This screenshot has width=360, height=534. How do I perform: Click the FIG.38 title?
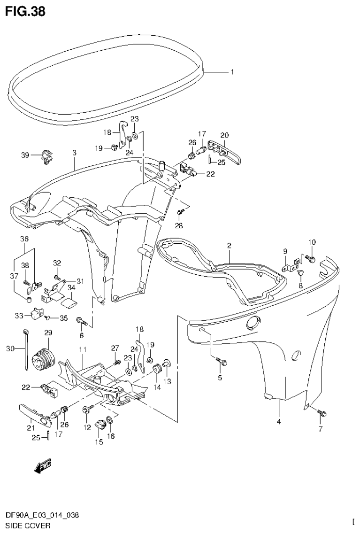coord(25,11)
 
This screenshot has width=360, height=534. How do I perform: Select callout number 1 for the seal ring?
coord(232,72)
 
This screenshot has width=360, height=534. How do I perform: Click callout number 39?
coord(25,155)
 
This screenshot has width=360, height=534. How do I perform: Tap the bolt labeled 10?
coord(310,257)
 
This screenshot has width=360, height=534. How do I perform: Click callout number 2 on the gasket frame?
coord(229,246)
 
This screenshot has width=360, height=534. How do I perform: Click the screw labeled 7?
coord(322,413)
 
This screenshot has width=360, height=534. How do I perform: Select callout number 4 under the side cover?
coord(278,422)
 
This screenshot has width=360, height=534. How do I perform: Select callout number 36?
coord(24,239)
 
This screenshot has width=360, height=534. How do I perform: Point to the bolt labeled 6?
coord(83,322)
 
